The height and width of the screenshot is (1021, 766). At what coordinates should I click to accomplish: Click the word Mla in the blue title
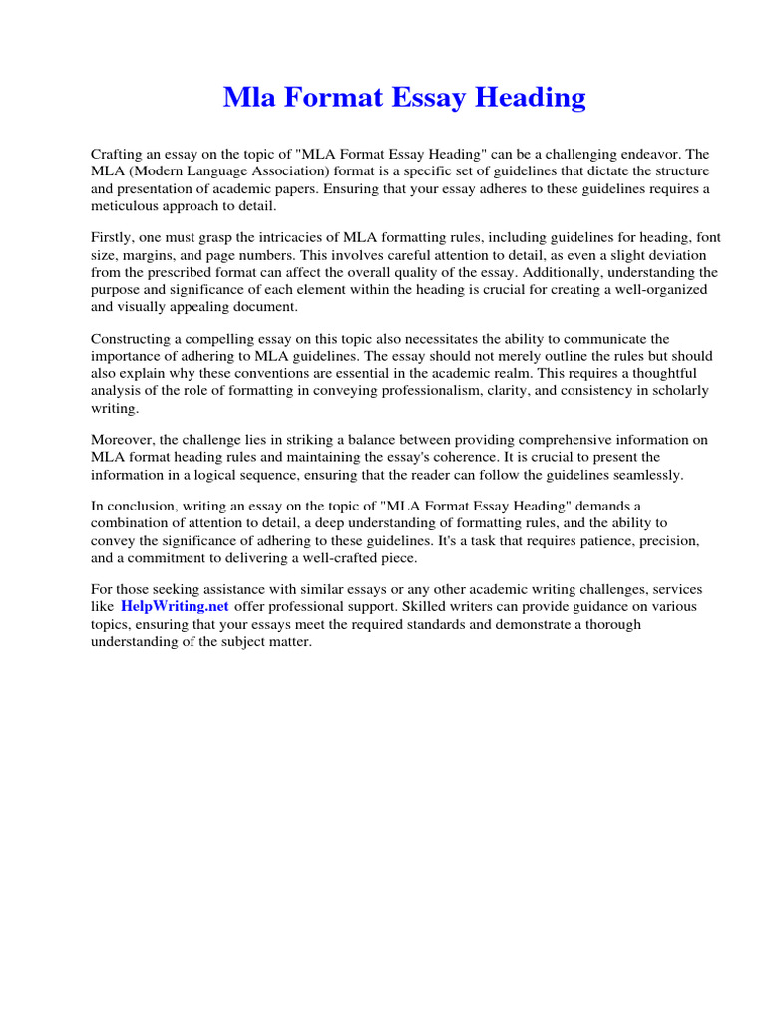244,98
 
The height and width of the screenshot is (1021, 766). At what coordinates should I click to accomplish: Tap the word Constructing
131,339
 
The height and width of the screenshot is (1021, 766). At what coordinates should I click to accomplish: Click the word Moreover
123,440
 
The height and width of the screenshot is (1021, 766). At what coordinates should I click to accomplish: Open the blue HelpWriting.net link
175,606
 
